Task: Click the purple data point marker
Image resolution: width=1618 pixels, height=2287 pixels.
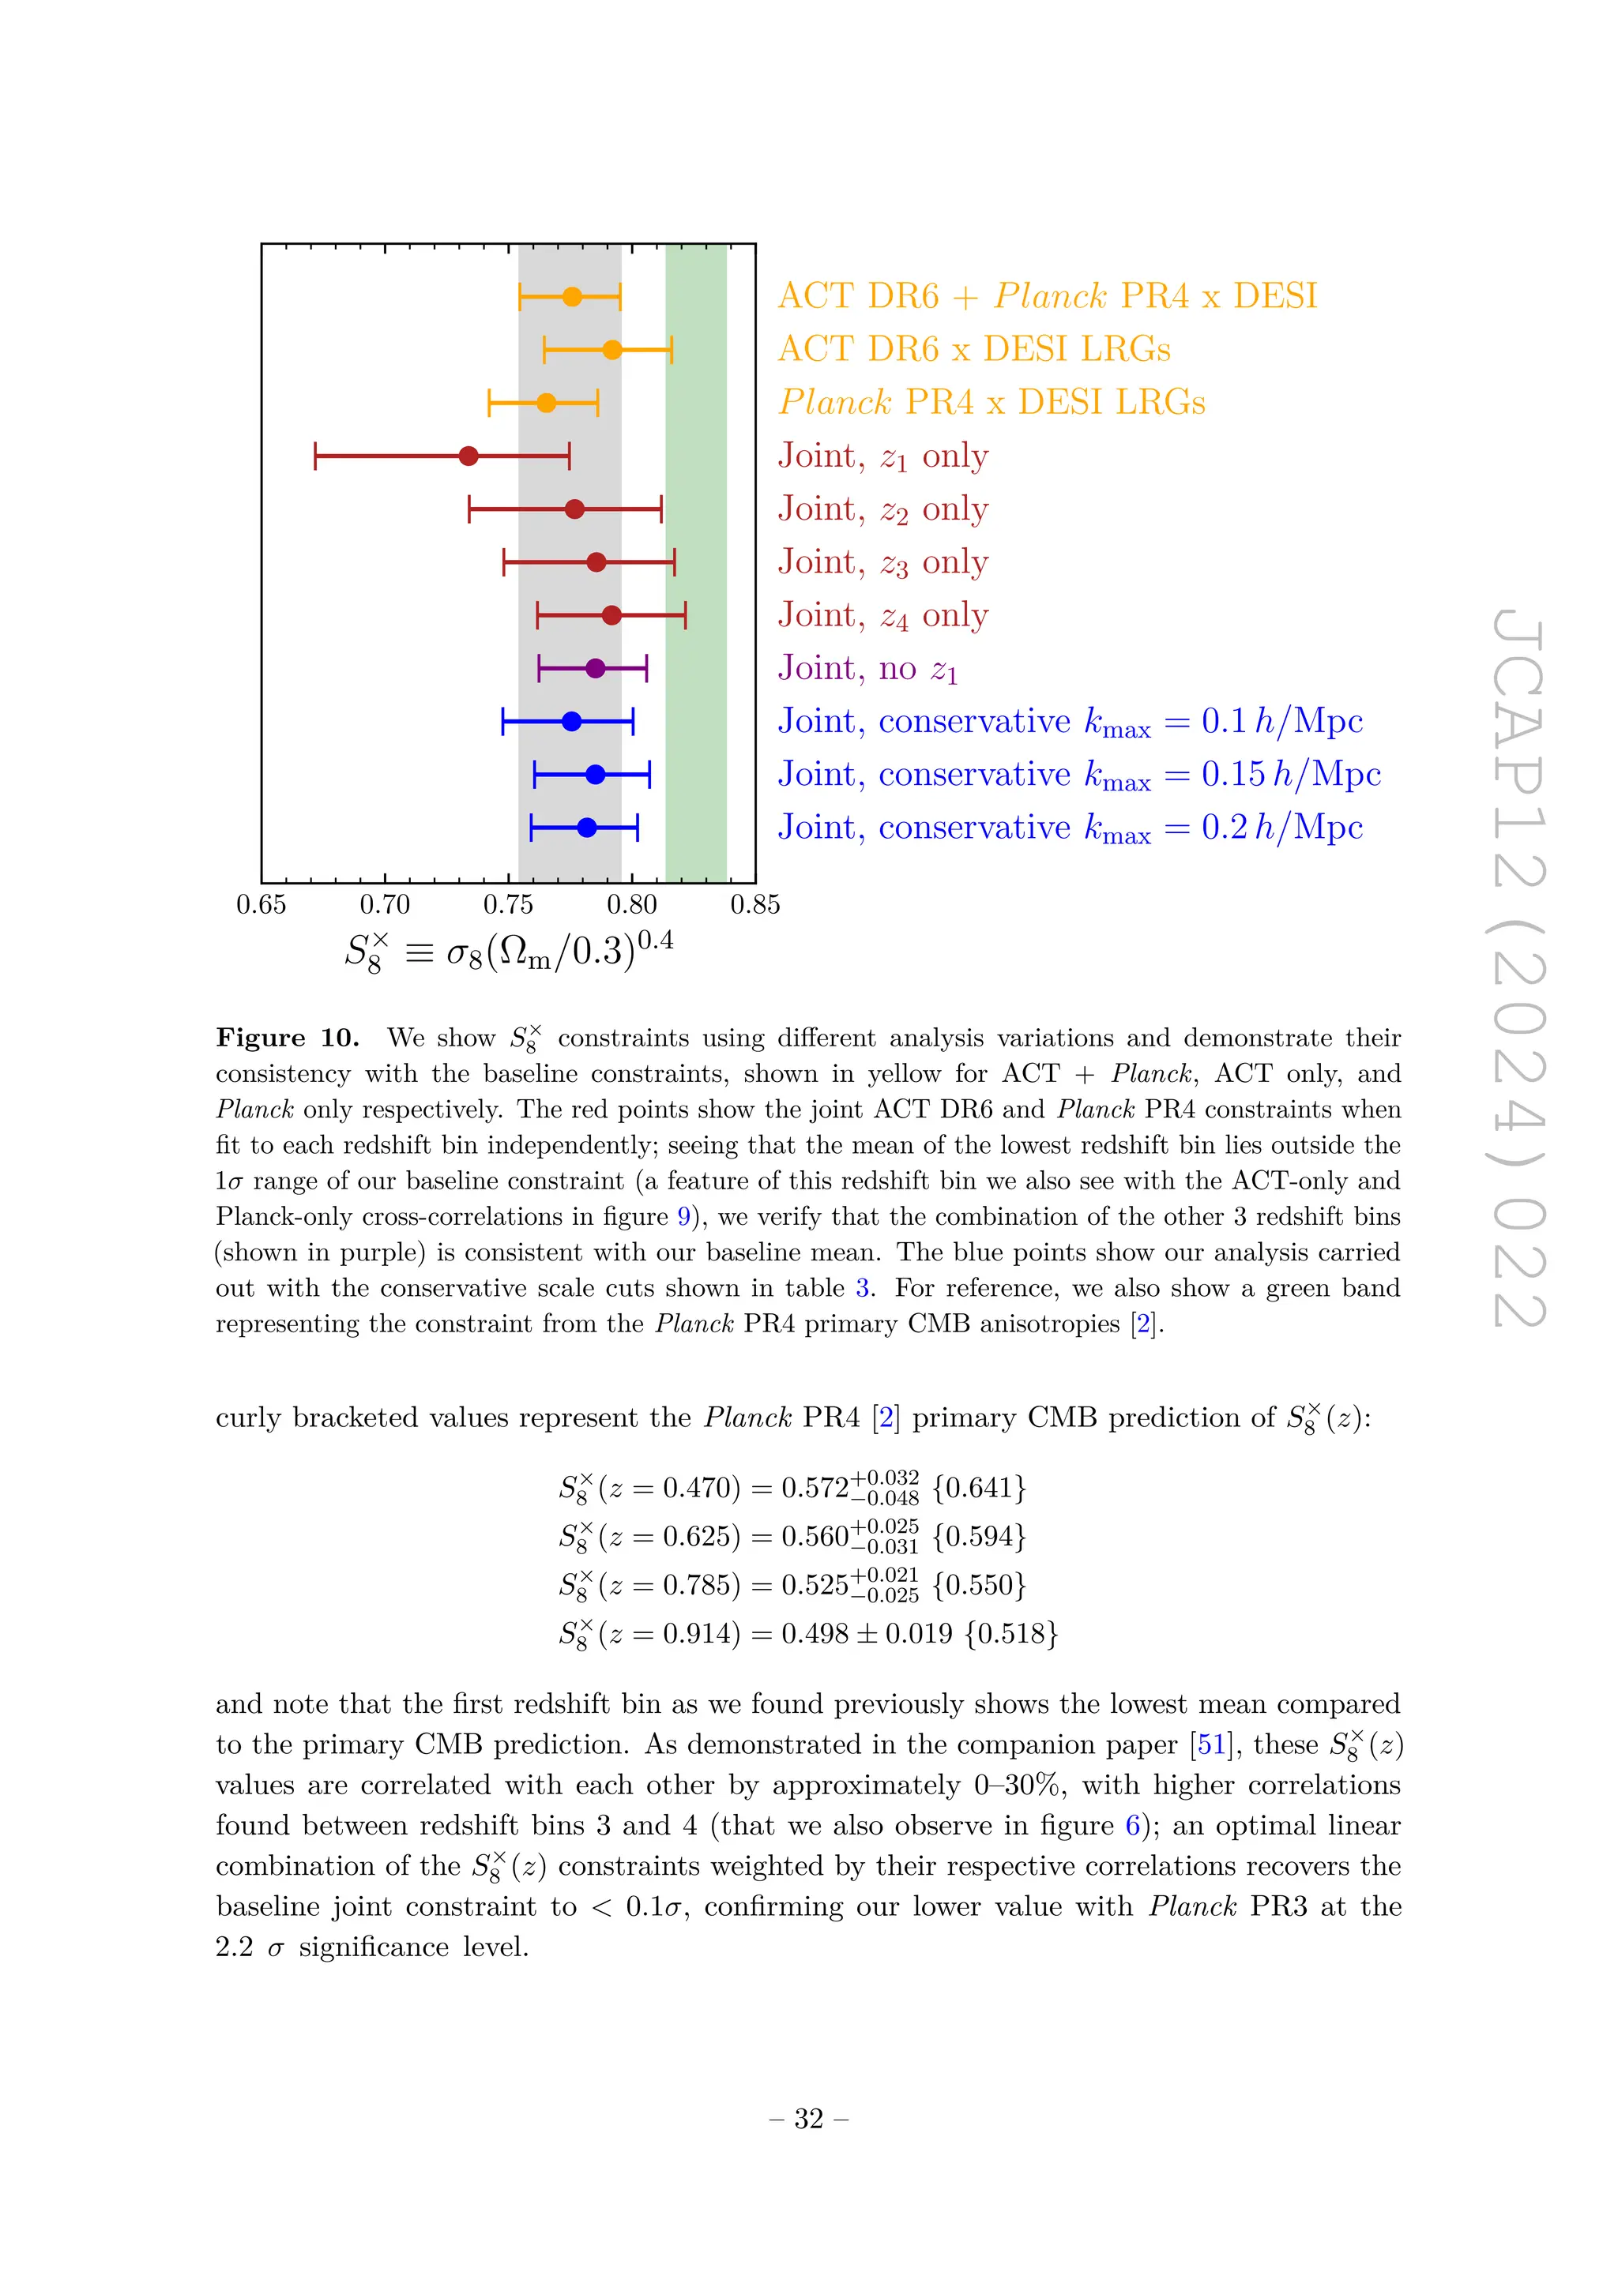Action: coord(595,668)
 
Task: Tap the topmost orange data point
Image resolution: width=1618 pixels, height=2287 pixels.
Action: coord(572,297)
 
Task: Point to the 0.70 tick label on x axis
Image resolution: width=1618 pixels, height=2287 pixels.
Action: coord(385,904)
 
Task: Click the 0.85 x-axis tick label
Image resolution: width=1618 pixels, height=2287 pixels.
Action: coord(755,904)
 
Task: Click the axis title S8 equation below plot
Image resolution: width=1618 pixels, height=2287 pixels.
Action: coord(508,952)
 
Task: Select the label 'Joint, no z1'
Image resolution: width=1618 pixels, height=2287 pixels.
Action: coord(867,668)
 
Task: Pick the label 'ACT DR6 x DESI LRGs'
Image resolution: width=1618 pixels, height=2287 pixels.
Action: coord(973,348)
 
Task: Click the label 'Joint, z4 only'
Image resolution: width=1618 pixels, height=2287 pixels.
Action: coord(882,615)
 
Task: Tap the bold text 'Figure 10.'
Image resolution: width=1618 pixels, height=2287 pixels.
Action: coord(287,1038)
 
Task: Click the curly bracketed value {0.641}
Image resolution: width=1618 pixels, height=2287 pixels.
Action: coord(978,1488)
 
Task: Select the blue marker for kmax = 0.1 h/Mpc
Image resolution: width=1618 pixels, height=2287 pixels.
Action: coord(571,721)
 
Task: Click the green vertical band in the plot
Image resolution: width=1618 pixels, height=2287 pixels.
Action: coord(695,558)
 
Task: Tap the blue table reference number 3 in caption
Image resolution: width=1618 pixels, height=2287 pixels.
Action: coord(863,1288)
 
